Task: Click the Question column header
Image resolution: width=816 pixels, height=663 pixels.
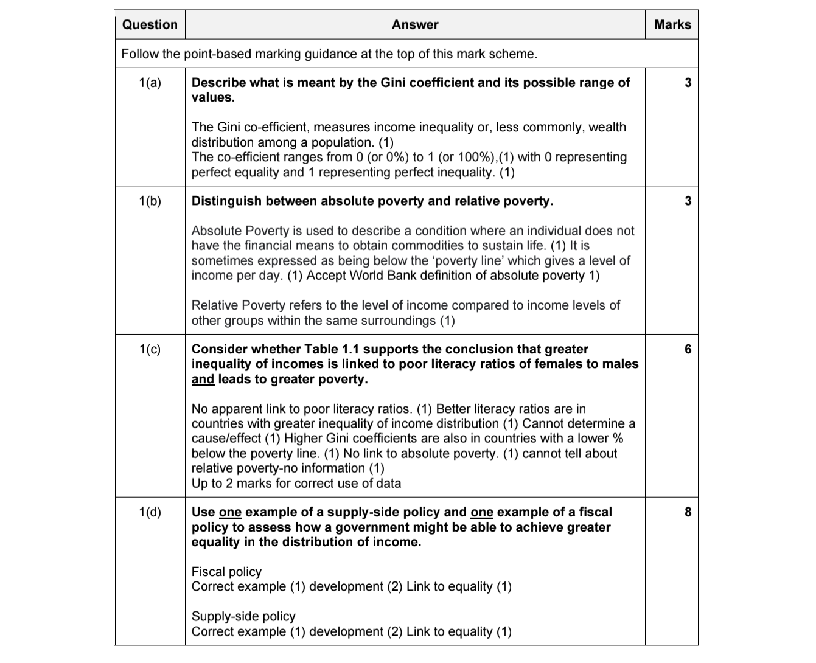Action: pyautogui.click(x=150, y=25)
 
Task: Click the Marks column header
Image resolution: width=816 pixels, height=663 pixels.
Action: pyautogui.click(x=672, y=25)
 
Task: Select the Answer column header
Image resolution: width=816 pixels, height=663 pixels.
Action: pyautogui.click(x=415, y=25)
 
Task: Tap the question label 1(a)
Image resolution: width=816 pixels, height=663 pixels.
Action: pyautogui.click(x=150, y=83)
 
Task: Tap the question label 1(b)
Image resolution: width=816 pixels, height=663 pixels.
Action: pyautogui.click(x=150, y=201)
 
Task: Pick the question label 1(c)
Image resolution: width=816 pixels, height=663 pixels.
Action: pyautogui.click(x=150, y=349)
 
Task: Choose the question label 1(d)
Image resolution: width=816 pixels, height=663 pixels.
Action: pyautogui.click(x=150, y=512)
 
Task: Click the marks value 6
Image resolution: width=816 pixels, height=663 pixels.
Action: pyautogui.click(x=688, y=349)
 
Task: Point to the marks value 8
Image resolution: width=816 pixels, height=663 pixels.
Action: pyautogui.click(x=688, y=512)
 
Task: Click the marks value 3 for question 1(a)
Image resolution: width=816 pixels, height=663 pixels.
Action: pyautogui.click(x=688, y=83)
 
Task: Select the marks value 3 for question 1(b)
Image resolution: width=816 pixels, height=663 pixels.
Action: pyautogui.click(x=688, y=201)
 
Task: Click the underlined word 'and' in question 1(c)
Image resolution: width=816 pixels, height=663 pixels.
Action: pyautogui.click(x=203, y=380)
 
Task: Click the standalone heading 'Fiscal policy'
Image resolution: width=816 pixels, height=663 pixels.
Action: pyautogui.click(x=226, y=572)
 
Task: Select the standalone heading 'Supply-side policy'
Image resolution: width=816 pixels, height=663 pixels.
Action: pyautogui.click(x=243, y=617)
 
